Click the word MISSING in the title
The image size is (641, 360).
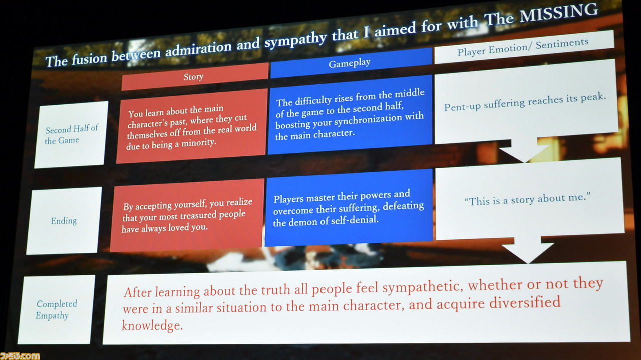559,13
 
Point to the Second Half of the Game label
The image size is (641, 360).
72,134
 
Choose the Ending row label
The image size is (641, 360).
64,221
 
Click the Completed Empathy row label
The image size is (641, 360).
56,309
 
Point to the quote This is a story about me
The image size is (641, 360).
527,199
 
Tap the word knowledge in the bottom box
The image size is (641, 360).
152,325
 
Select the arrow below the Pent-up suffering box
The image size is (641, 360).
524,151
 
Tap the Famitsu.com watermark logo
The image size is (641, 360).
20,356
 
